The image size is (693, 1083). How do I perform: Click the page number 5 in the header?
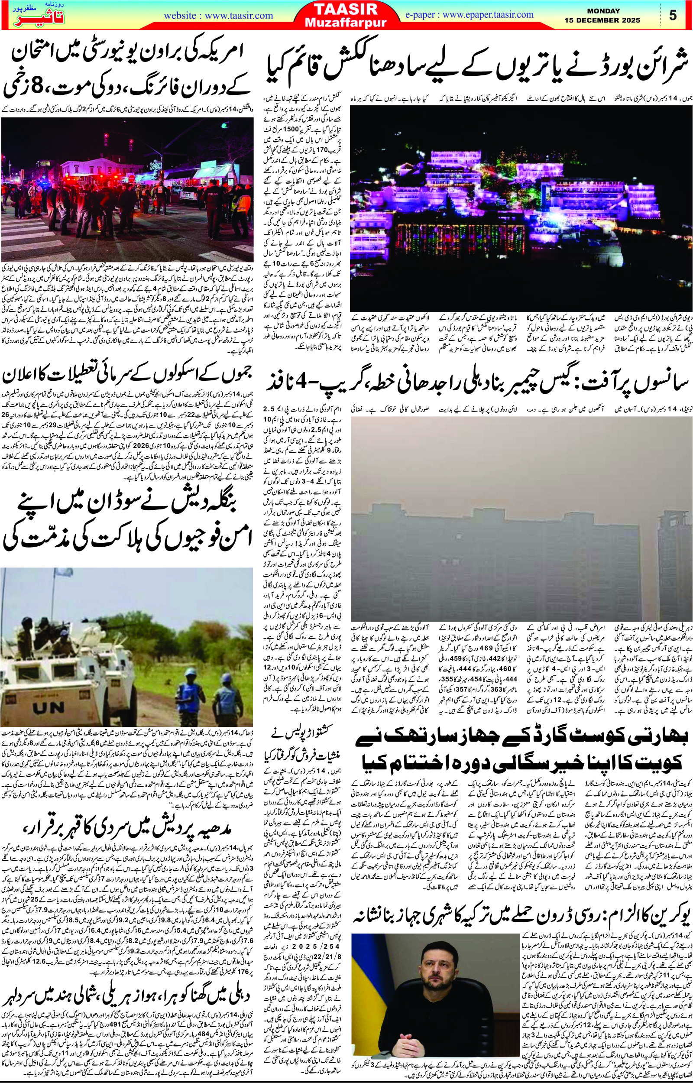pyautogui.click(x=673, y=15)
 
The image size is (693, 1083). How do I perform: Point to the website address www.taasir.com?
pyautogui.click(x=218, y=15)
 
